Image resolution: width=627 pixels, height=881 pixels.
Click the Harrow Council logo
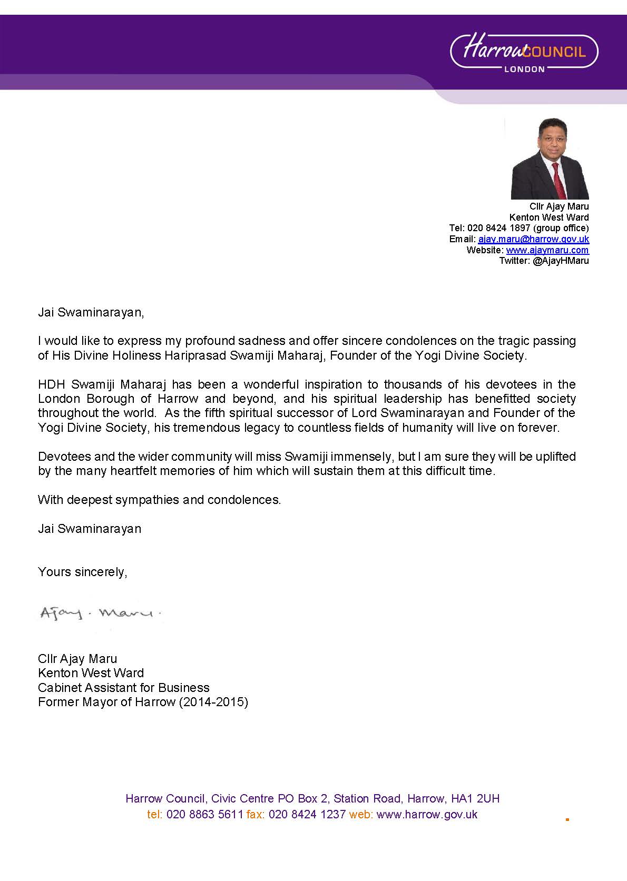[x=525, y=53]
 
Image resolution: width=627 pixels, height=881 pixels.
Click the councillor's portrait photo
[x=550, y=159]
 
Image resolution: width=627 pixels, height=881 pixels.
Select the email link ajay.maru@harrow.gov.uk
[x=533, y=239]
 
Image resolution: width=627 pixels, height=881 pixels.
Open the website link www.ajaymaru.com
[x=547, y=250]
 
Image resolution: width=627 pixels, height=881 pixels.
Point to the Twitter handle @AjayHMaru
[x=561, y=261]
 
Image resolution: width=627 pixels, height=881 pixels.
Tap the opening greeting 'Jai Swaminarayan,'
[x=91, y=312]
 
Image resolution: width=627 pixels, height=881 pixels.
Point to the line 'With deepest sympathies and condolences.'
[x=159, y=500]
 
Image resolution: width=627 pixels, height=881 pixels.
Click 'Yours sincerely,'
[x=82, y=572]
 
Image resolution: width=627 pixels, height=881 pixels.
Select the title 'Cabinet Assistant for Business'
[x=123, y=688]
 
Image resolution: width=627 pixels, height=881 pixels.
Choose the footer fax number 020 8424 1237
[x=307, y=815]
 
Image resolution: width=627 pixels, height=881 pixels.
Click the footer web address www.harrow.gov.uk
[x=427, y=815]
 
